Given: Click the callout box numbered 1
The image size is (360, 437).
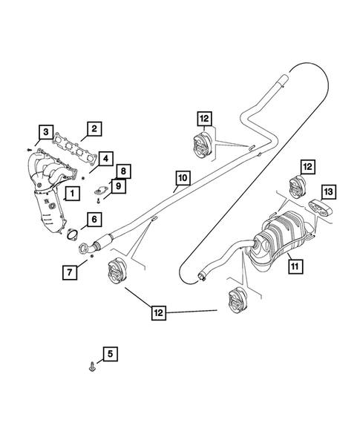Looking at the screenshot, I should coord(72,195).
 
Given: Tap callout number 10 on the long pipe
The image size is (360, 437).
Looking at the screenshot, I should coord(182,178).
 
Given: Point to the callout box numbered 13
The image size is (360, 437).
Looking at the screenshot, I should coord(328,192).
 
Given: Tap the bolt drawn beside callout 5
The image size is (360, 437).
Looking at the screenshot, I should coord(91,365).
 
